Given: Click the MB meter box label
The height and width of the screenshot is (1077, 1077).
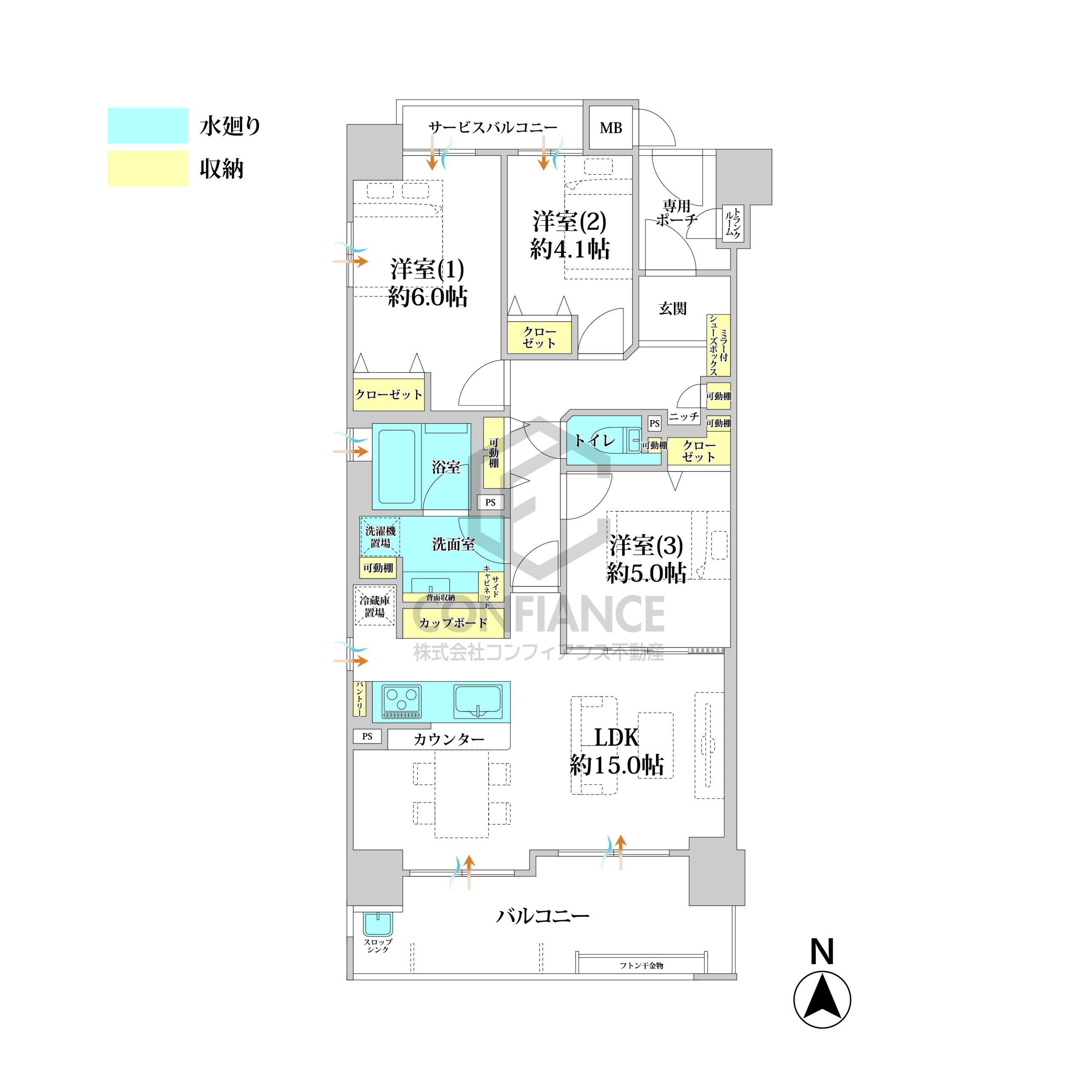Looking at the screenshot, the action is coord(610,128).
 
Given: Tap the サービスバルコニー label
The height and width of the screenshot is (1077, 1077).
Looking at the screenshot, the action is coord(493,127).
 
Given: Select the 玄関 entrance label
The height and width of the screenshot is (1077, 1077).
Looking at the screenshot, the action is coord(673,308).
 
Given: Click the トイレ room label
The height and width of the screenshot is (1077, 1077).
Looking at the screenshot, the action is coord(595,441).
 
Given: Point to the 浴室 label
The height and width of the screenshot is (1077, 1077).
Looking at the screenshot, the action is coord(446,467).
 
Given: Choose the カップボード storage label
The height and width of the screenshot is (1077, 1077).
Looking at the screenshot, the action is coord(453,623).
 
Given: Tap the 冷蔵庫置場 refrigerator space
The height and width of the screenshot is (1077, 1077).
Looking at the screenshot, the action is coord(374,606).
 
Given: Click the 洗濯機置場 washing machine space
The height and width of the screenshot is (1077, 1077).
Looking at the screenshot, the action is coord(380,537).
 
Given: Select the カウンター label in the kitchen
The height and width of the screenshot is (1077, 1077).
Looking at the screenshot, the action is coord(449,740).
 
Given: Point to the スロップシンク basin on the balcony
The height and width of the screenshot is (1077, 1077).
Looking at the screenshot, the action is coord(378,924).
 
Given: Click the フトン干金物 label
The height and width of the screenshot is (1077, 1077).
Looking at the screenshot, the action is coord(642,966).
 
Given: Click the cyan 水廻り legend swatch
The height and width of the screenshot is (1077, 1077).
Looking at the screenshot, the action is coord(148,125).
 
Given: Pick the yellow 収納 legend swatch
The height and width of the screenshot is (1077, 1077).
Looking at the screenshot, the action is coord(148,168).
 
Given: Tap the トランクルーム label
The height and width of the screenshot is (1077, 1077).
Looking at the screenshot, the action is coord(732,223).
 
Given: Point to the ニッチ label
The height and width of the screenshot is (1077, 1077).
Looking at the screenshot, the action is coord(684,416).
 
